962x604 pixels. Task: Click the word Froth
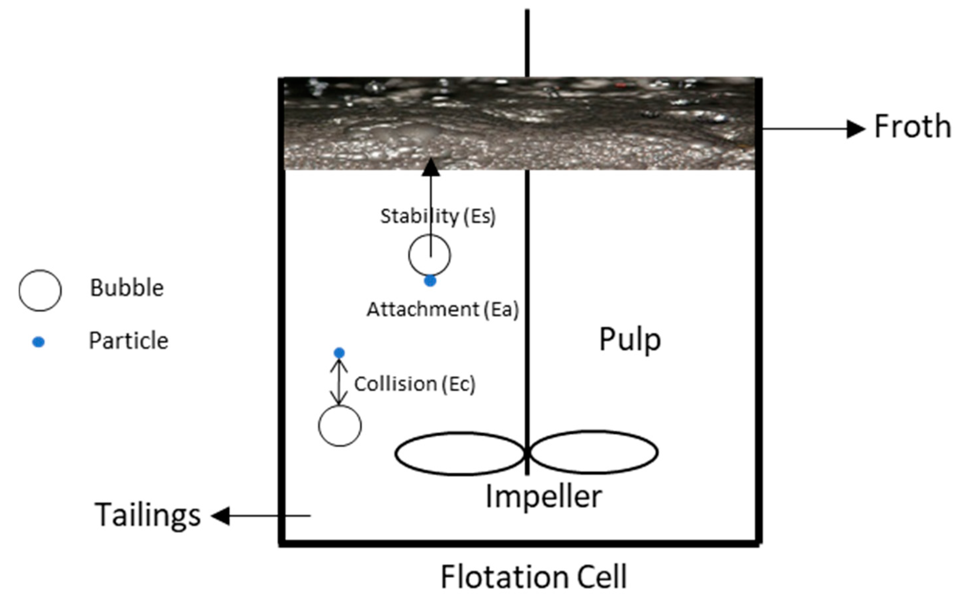(912, 126)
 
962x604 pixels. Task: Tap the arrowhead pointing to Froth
(856, 129)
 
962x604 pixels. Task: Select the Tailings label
(147, 515)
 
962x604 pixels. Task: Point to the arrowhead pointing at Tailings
(221, 516)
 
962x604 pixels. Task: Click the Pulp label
(630, 340)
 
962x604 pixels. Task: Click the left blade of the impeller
(459, 453)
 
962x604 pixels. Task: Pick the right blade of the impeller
(594, 452)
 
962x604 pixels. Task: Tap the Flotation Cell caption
(533, 577)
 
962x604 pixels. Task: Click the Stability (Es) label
(438, 217)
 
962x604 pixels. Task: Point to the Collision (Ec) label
(415, 384)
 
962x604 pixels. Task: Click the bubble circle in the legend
(40, 290)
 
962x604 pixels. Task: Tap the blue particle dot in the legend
(38, 342)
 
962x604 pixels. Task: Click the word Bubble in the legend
(127, 288)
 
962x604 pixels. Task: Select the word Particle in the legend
(128, 341)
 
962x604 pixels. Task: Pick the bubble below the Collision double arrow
(340, 426)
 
